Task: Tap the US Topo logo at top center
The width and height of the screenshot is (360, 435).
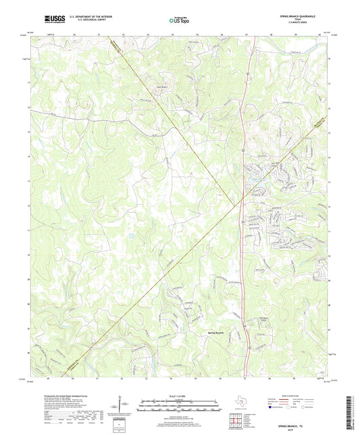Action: pos(179,22)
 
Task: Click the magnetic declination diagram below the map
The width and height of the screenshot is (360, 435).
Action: pos(122,407)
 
